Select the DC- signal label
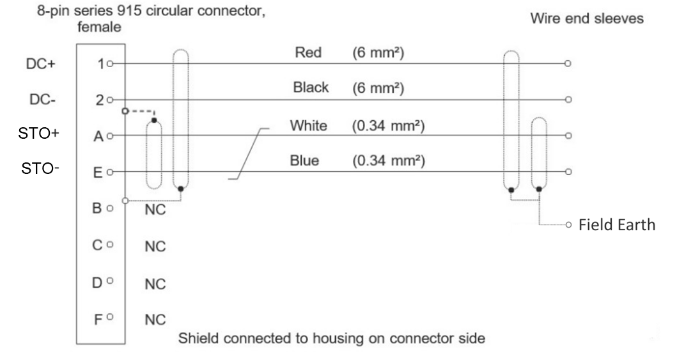tap(43, 100)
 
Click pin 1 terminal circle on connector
tap(111, 64)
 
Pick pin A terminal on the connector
tap(111, 136)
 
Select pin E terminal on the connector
tap(111, 172)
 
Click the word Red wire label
tap(304, 54)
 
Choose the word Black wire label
tap(311, 88)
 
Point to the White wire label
tap(309, 126)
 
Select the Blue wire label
tap(304, 160)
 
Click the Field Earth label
tap(617, 226)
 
